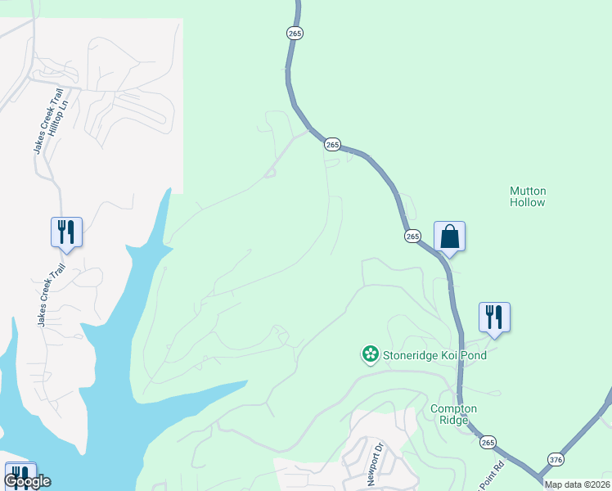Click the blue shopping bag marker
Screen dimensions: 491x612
(449, 236)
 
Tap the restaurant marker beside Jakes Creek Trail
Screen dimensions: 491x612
(66, 232)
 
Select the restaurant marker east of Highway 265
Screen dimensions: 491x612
(494, 317)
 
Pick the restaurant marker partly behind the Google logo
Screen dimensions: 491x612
(20, 475)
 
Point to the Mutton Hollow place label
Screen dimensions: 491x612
(528, 196)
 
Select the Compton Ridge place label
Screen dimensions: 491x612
(454, 414)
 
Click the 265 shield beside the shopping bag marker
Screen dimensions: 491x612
(412, 236)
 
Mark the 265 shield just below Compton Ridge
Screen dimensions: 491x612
(488, 442)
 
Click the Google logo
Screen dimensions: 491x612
(27, 481)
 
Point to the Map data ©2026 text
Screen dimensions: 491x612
(577, 484)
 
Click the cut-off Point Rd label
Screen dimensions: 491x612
(494, 475)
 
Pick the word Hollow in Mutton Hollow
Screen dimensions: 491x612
(528, 202)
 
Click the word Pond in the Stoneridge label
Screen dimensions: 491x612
(472, 355)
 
